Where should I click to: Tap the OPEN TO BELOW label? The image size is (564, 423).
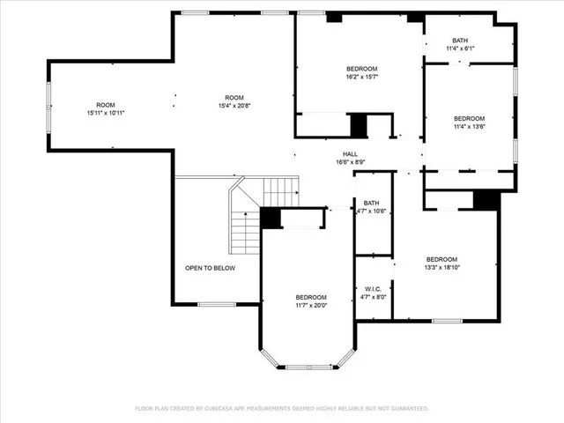pyautogui.click(x=210, y=268)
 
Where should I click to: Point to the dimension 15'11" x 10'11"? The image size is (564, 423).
pyautogui.click(x=106, y=113)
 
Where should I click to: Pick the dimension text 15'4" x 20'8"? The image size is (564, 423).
pyautogui.click(x=234, y=106)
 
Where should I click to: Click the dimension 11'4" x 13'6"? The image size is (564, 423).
pyautogui.click(x=469, y=127)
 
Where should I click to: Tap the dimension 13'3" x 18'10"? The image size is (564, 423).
pyautogui.click(x=442, y=267)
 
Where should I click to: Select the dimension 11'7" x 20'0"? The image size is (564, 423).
pyautogui.click(x=310, y=305)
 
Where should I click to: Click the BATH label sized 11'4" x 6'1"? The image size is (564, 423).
pyautogui.click(x=460, y=41)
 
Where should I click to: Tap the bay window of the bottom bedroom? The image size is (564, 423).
pyautogui.click(x=308, y=366)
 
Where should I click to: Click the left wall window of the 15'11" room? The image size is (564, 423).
pyautogui.click(x=48, y=107)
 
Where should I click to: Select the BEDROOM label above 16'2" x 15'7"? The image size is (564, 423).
pyautogui.click(x=361, y=69)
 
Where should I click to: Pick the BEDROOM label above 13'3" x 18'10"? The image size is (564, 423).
pyautogui.click(x=442, y=259)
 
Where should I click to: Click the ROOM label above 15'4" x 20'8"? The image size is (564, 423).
pyautogui.click(x=234, y=98)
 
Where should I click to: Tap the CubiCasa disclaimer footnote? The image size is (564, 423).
pyautogui.click(x=281, y=408)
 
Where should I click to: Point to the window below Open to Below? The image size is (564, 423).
pyautogui.click(x=216, y=304)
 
